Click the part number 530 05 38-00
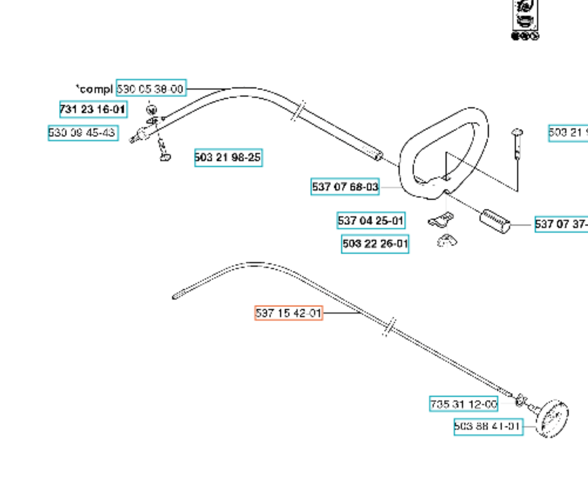point(151,88)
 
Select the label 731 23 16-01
point(93,109)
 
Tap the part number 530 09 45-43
point(83,133)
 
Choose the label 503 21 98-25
point(228,158)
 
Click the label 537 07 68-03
point(345,187)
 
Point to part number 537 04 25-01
point(370,221)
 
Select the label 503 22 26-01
point(375,244)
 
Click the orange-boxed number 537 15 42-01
point(288,313)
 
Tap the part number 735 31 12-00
point(463,404)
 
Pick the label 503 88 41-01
point(488,426)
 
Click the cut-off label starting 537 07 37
point(561,224)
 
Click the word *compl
point(94,89)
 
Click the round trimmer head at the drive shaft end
point(553,419)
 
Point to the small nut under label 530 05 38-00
point(151,110)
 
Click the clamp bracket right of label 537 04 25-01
point(441,220)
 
